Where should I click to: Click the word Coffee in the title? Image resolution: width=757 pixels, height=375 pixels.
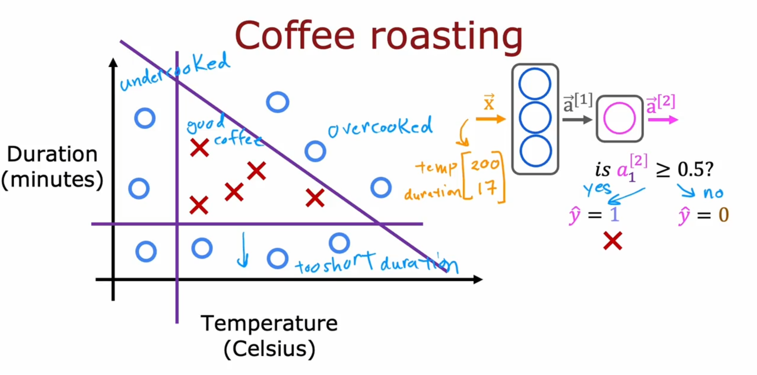point(295,35)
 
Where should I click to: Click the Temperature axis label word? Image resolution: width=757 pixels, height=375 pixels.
point(269,323)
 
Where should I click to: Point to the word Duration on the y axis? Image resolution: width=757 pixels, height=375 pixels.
point(52,154)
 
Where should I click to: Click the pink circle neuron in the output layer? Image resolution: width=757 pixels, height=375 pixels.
point(619,118)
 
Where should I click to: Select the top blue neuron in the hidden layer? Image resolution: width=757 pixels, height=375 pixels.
point(535,84)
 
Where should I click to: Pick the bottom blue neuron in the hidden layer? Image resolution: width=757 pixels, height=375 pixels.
point(535,151)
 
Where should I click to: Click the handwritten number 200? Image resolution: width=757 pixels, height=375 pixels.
point(485,163)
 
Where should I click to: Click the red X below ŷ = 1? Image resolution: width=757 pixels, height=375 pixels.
point(613,241)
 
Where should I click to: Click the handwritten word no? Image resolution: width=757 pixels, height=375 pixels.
point(713,193)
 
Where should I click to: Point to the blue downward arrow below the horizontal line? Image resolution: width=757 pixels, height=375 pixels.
point(243,250)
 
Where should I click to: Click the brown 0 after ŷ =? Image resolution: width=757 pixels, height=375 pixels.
point(723,215)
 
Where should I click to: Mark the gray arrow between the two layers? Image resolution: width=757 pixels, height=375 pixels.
point(577,120)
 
